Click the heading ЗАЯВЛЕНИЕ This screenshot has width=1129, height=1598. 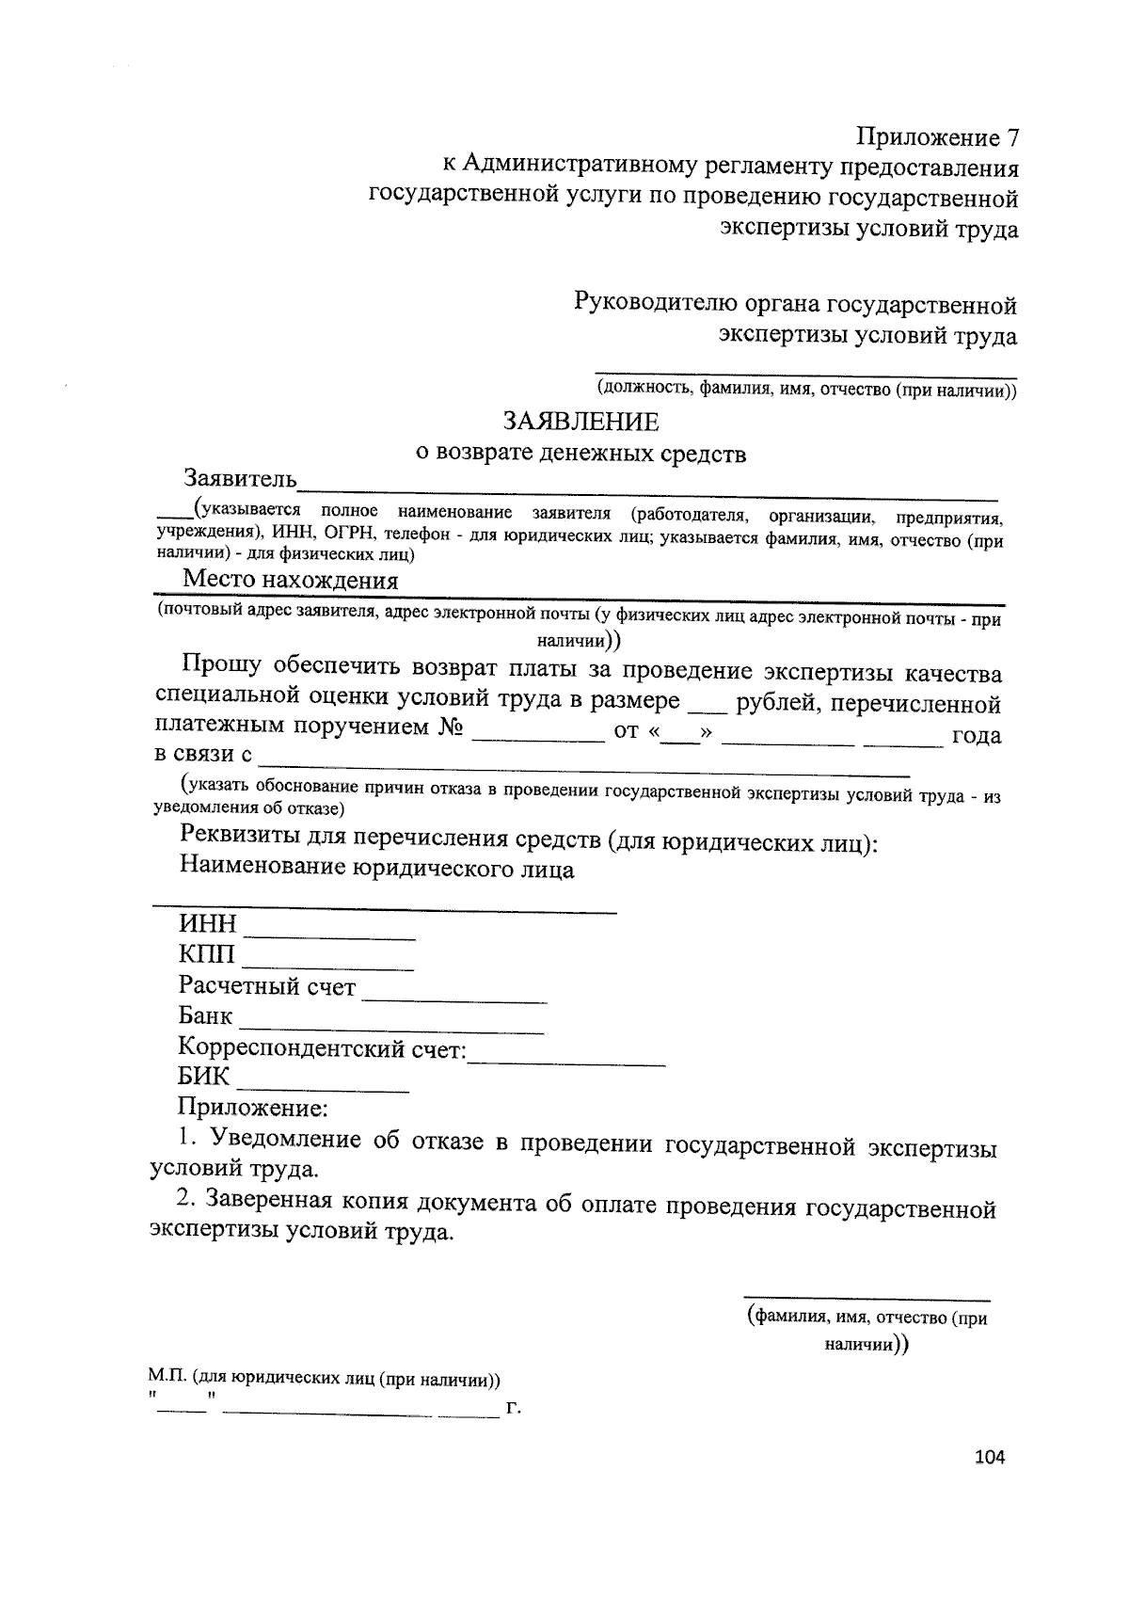(580, 420)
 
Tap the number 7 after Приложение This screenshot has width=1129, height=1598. (1011, 137)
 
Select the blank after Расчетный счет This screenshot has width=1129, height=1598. (454, 998)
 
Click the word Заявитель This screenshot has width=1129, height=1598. (240, 479)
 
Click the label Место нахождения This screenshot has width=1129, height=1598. (290, 580)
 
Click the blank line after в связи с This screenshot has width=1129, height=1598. (583, 770)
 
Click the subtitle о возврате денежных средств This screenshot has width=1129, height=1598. (580, 454)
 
